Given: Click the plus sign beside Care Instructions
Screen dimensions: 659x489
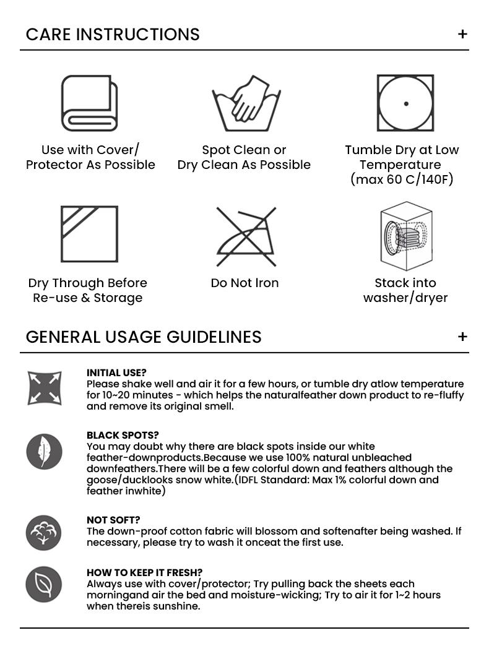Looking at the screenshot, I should tap(462, 34).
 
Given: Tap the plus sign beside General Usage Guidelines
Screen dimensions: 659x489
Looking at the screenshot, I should tap(462, 337).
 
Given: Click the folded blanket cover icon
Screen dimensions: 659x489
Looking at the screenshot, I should tap(90, 103).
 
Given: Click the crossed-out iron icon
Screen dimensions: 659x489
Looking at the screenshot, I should tap(246, 236).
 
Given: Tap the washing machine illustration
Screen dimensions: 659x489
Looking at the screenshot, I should tap(405, 236).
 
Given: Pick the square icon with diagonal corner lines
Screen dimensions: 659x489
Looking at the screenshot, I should tap(89, 235).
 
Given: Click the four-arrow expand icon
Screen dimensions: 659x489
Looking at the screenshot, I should tap(45, 389).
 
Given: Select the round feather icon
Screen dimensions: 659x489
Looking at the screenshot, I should tap(45, 452).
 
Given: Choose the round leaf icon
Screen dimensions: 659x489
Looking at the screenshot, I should tap(44, 584).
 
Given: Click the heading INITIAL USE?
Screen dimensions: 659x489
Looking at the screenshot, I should tap(116, 373).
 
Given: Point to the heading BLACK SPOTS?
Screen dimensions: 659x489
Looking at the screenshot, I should tap(123, 435).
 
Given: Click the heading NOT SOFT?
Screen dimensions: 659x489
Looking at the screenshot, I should tap(113, 520).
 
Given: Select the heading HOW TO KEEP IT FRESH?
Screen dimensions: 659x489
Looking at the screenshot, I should tap(144, 572).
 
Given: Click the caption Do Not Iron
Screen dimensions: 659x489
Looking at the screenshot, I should tap(244, 283).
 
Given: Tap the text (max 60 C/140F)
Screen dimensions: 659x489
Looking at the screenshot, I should tap(402, 179).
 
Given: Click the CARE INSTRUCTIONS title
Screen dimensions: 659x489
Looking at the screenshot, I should tap(113, 34).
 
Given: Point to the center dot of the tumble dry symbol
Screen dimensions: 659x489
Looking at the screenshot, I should tap(406, 104).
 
